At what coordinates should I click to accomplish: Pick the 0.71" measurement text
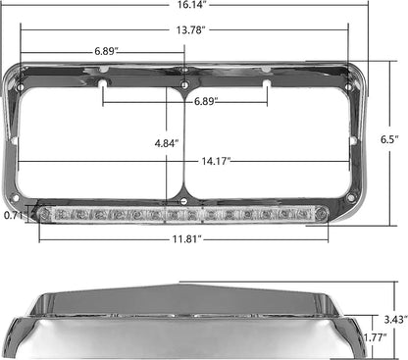point(14,212)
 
